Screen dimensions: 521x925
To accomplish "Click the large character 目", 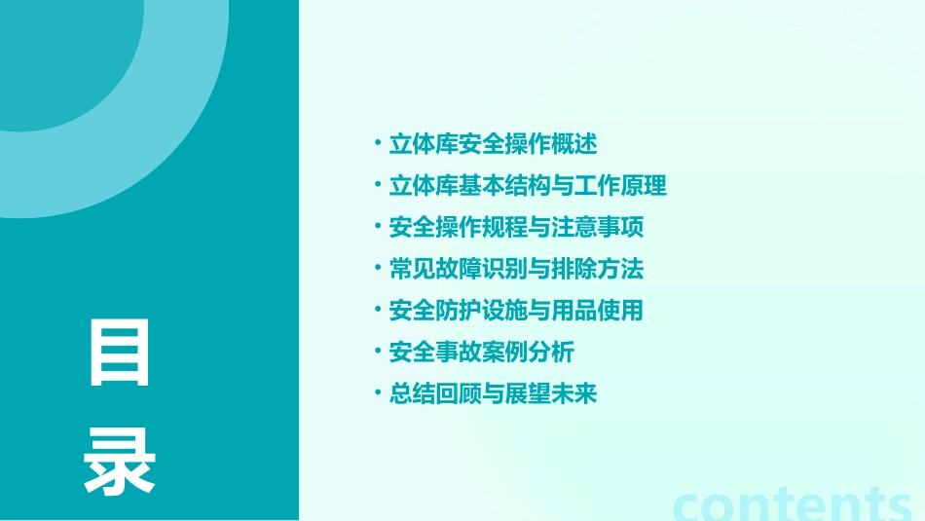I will pos(120,352).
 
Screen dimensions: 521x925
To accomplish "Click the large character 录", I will pos(120,462).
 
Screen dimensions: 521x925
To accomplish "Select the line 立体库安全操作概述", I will pos(493,144).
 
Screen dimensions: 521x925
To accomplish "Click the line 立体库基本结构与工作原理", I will pos(528,186).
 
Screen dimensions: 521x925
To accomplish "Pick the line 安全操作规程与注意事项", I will pos(516,228).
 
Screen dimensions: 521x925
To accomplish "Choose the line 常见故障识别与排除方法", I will pos(516,269).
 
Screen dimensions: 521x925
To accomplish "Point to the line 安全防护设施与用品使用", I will pos(516,311).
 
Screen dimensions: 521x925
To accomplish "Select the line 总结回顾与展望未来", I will pos(493,393).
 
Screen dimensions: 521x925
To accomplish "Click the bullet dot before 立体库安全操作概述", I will pos(378,144).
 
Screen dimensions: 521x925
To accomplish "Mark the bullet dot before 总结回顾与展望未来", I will pos(378,393).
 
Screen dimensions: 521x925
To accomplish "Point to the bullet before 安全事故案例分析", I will pos(378,352).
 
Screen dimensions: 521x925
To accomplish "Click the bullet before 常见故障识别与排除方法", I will pos(378,269).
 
